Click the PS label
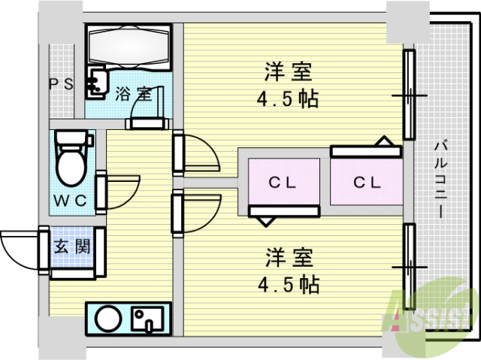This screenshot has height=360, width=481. pyautogui.click(x=62, y=84)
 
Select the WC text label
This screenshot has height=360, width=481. pyautogui.click(x=72, y=200)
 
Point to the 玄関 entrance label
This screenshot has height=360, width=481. pyautogui.click(x=72, y=246)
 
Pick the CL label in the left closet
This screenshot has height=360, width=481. pyautogui.click(x=283, y=182)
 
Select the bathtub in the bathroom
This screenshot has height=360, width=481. pyautogui.click(x=130, y=47)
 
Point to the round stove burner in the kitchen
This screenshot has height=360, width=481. pyautogui.click(x=106, y=318)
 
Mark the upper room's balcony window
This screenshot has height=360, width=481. pyautogui.click(x=408, y=95)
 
